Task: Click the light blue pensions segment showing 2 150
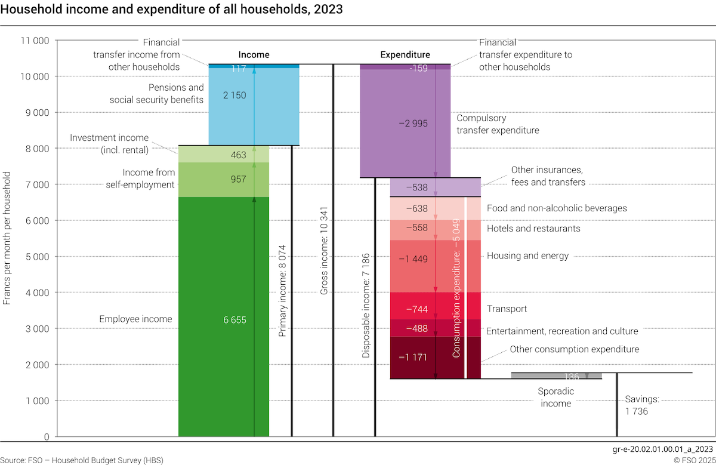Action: pyautogui.click(x=234, y=96)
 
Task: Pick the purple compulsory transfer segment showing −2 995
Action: pyautogui.click(x=412, y=123)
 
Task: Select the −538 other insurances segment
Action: pyautogui.click(x=416, y=187)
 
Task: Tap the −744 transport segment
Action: pyautogui.click(x=416, y=309)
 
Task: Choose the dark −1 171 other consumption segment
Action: pyautogui.click(x=416, y=357)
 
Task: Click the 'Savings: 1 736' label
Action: pyautogui.click(x=642, y=405)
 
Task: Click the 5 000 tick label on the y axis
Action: pyautogui.click(x=35, y=256)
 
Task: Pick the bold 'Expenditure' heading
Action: pyautogui.click(x=405, y=54)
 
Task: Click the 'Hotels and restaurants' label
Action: pyautogui.click(x=533, y=228)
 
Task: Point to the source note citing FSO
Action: pyautogui.click(x=82, y=460)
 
